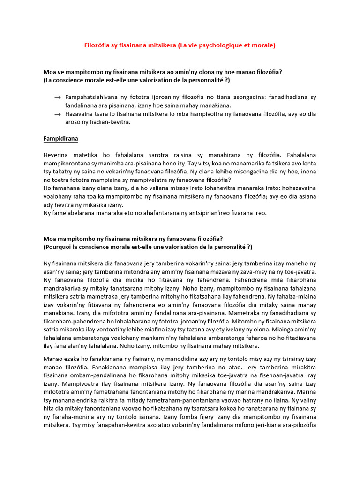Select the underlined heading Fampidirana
pyautogui.click(x=61, y=139)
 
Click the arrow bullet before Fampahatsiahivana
pyautogui.click(x=57, y=97)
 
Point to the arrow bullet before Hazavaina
pyautogui.click(x=57, y=114)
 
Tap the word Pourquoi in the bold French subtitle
pyautogui.click(x=60, y=247)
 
